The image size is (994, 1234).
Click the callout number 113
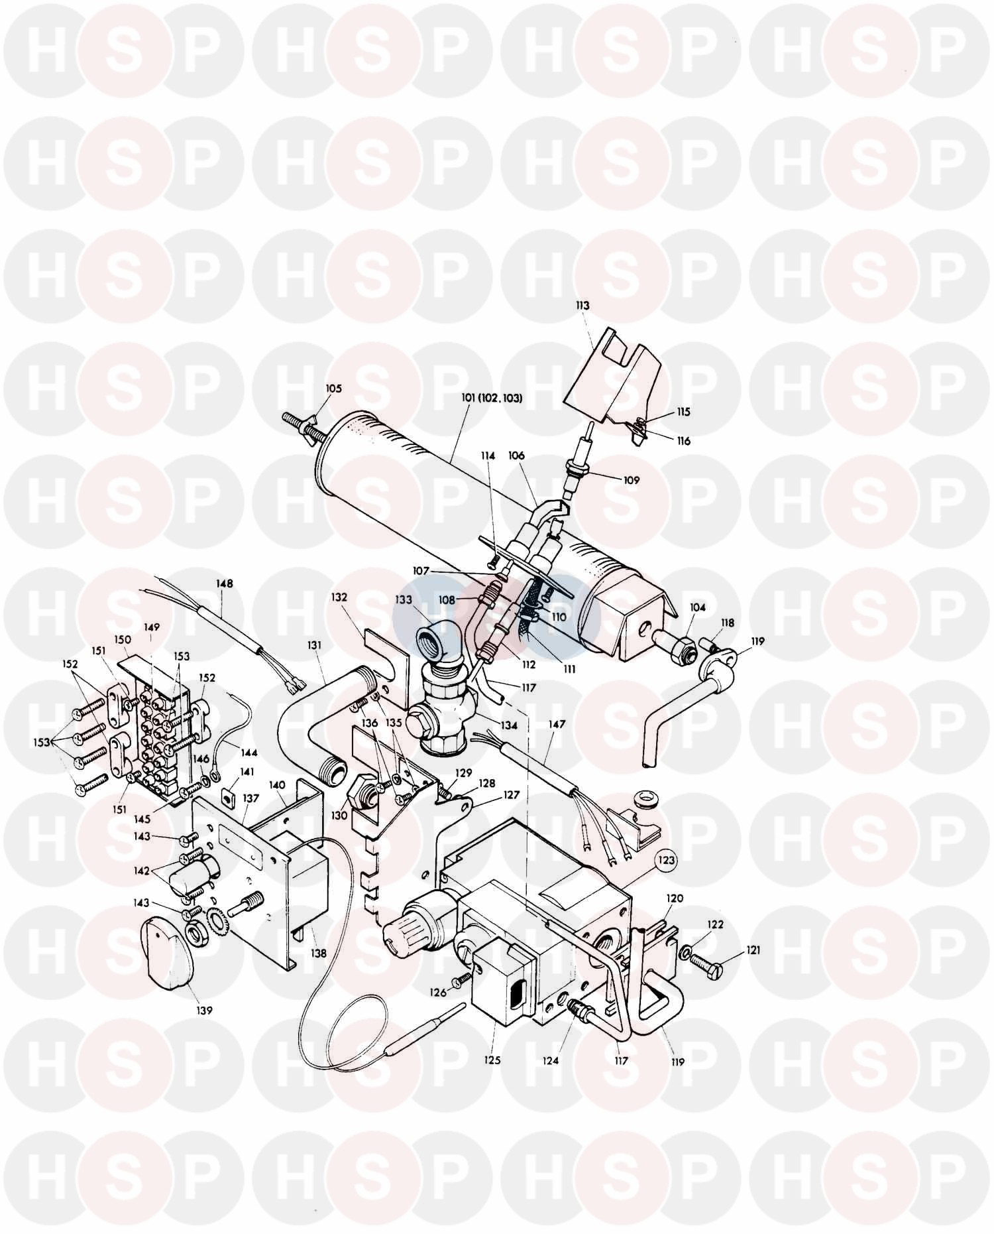click(582, 306)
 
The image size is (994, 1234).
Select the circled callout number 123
click(667, 861)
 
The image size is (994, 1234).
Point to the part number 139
click(204, 1010)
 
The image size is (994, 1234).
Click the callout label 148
click(224, 584)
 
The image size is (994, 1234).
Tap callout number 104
click(698, 607)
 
